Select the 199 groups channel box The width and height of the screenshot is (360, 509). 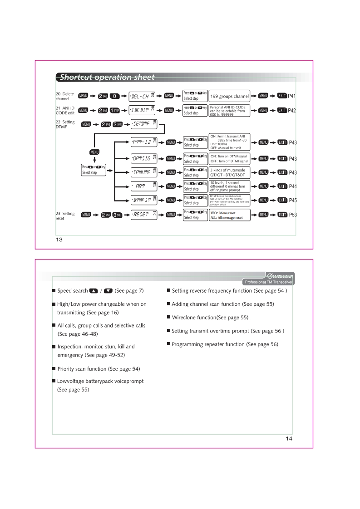pyautogui.click(x=230, y=96)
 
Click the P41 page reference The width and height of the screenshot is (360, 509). pyautogui.click(x=292, y=96)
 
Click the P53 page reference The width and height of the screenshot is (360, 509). pyautogui.click(x=292, y=215)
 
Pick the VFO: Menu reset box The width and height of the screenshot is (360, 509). pyautogui.click(x=230, y=215)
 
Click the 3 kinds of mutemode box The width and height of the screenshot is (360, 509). pyautogui.click(x=230, y=172)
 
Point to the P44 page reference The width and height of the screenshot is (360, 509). pyautogui.click(x=292, y=186)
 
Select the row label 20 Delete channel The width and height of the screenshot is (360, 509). pyautogui.click(x=61, y=96)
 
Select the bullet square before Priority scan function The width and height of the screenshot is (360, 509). pyautogui.click(x=54, y=369)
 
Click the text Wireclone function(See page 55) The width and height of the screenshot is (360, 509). pyautogui.click(x=209, y=317)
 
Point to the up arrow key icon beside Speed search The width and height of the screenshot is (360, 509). pyautogui.click(x=94, y=291)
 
